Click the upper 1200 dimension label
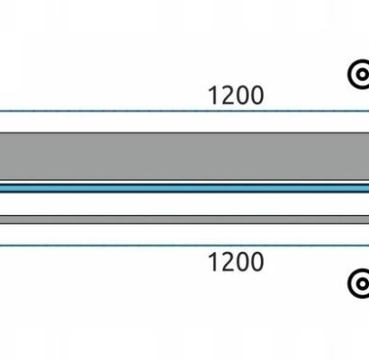[x=236, y=95]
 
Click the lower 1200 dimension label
[x=236, y=262]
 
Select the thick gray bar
[x=184, y=156]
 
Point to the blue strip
[x=184, y=188]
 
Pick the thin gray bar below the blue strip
[x=184, y=220]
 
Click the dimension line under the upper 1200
[x=184, y=111]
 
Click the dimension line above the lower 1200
[x=184, y=246]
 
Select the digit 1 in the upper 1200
[x=213, y=95]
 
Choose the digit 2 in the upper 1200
[x=228, y=95]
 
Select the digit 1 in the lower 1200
[x=213, y=262]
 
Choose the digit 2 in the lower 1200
[x=228, y=262]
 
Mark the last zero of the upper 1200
[x=257, y=95]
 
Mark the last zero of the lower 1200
[x=257, y=262]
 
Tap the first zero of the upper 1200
[x=242, y=95]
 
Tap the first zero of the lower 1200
[x=242, y=262]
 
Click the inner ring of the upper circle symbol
[x=358, y=75]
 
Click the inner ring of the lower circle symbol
[x=358, y=283]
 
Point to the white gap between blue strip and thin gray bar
[x=184, y=204]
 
